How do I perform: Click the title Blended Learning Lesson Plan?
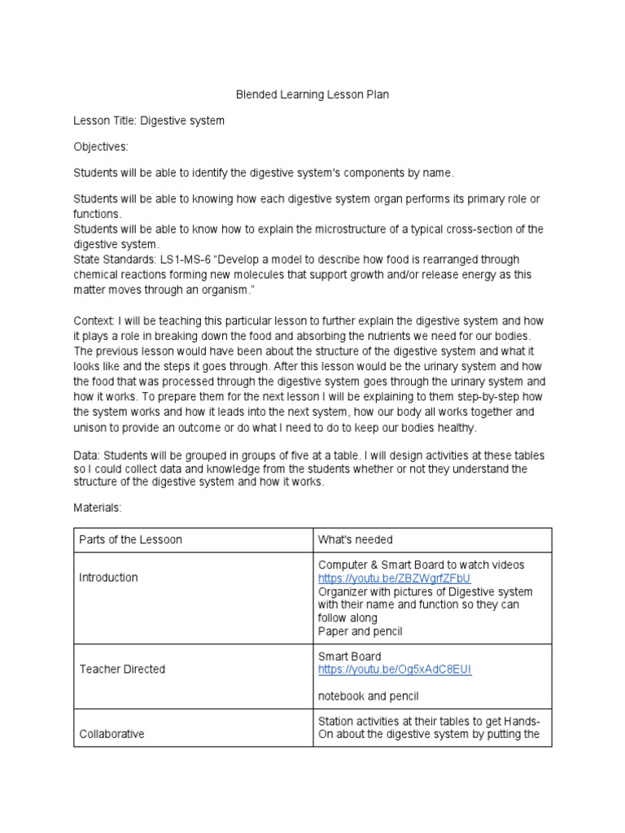(312, 94)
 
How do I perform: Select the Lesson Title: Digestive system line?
(149, 120)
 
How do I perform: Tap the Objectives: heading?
(101, 146)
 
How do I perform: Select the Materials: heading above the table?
(97, 508)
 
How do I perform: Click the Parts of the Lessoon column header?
(130, 540)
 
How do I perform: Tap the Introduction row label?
(108, 578)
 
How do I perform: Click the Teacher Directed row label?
(121, 669)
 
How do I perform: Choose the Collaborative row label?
(111, 734)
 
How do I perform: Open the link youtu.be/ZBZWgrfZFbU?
(394, 578)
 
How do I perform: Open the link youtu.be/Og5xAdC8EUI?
(394, 669)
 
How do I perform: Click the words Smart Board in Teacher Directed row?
(349, 656)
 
